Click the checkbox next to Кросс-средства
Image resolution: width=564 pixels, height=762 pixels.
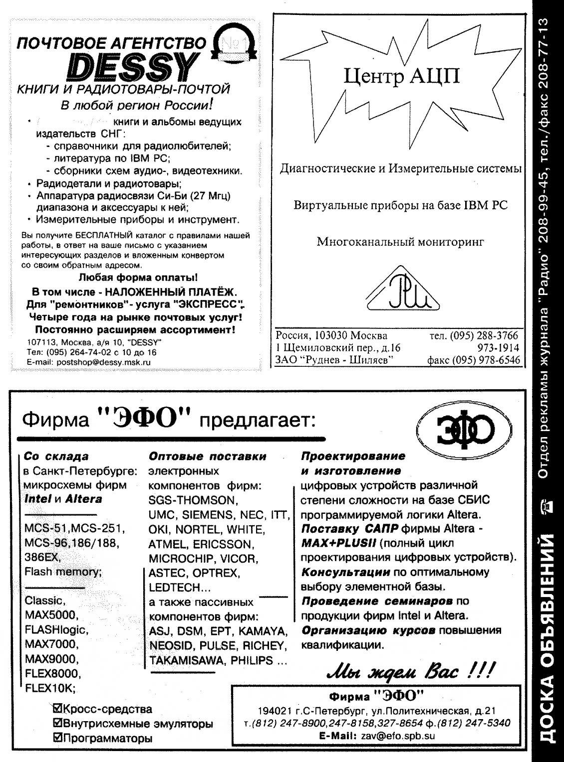56,709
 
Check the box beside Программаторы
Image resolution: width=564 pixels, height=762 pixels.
56,738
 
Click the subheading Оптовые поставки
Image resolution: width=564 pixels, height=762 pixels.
208,456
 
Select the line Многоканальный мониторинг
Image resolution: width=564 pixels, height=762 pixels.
401,243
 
